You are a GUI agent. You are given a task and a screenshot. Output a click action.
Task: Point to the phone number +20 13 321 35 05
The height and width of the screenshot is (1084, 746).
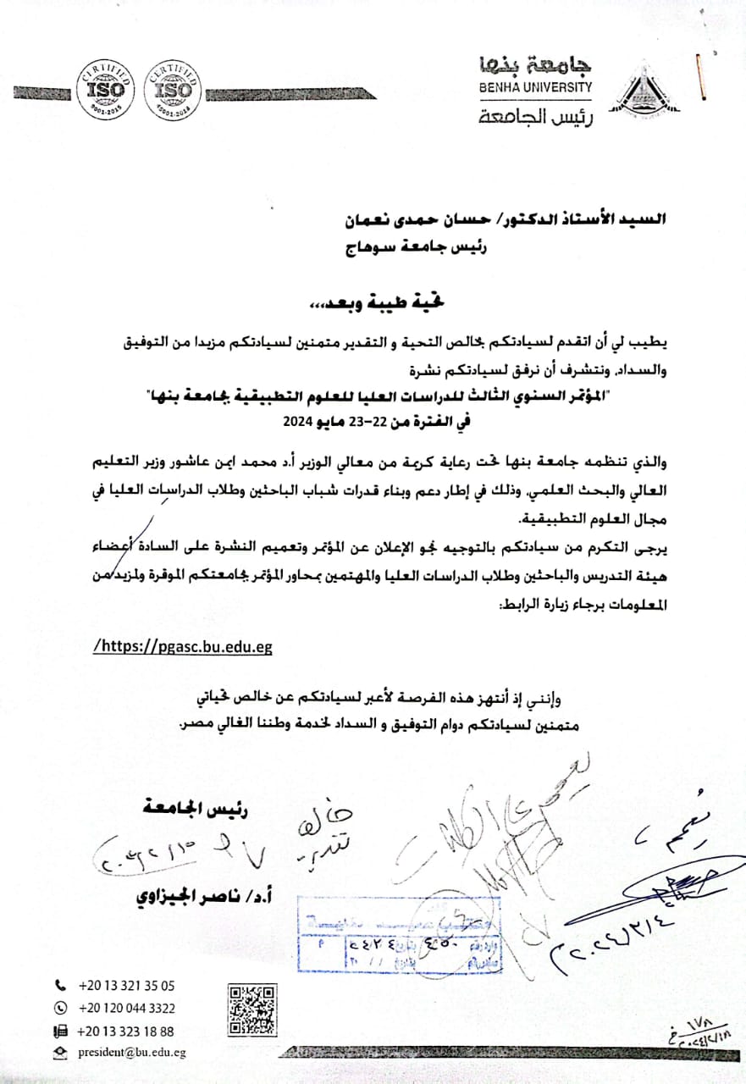point(126,986)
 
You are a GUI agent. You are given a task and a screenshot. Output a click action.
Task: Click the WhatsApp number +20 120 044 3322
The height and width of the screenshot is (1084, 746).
point(126,1008)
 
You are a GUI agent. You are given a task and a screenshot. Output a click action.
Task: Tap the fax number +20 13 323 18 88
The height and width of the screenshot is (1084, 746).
point(126,1031)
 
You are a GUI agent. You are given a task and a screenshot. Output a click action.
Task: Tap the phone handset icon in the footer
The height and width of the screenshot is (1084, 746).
point(59,986)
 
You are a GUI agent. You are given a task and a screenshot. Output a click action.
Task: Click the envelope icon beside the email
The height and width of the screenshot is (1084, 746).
point(59,1053)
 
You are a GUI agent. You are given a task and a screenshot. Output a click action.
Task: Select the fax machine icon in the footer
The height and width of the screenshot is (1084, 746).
point(59,1031)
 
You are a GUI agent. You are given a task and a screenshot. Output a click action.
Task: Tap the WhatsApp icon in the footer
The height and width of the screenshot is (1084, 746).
point(59,1008)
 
